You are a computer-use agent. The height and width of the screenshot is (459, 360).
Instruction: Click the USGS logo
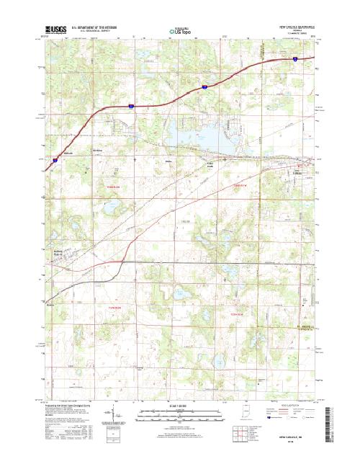[x=56, y=30]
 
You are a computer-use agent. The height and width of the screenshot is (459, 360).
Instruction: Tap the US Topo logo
[x=180, y=31]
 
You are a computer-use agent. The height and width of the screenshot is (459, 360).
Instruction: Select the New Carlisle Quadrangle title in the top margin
[x=297, y=25]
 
